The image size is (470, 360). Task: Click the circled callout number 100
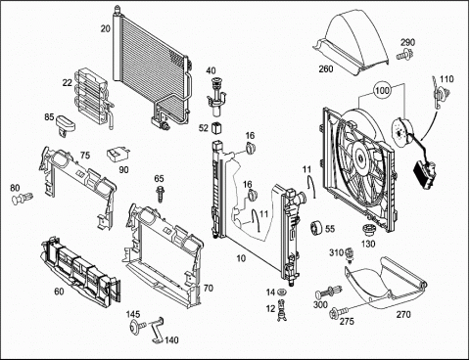pyautogui.click(x=382, y=90)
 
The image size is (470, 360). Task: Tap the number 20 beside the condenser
pyautogui.click(x=106, y=28)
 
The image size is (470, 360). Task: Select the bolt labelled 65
pyautogui.click(x=160, y=194)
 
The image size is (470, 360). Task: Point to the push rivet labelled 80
pyautogui.click(x=23, y=199)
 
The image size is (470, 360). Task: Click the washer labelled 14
pyautogui.click(x=281, y=292)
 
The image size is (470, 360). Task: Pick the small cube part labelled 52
pyautogui.click(x=216, y=128)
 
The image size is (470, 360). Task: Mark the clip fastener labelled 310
pyautogui.click(x=350, y=255)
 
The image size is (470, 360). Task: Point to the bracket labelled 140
pyautogui.click(x=157, y=330)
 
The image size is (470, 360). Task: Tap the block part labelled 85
pyautogui.click(x=65, y=124)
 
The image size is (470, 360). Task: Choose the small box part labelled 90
pyautogui.click(x=118, y=155)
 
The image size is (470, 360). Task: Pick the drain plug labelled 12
pyautogui.click(x=281, y=310)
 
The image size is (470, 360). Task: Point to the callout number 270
pyautogui.click(x=403, y=315)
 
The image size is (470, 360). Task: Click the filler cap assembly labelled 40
pyautogui.click(x=215, y=97)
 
